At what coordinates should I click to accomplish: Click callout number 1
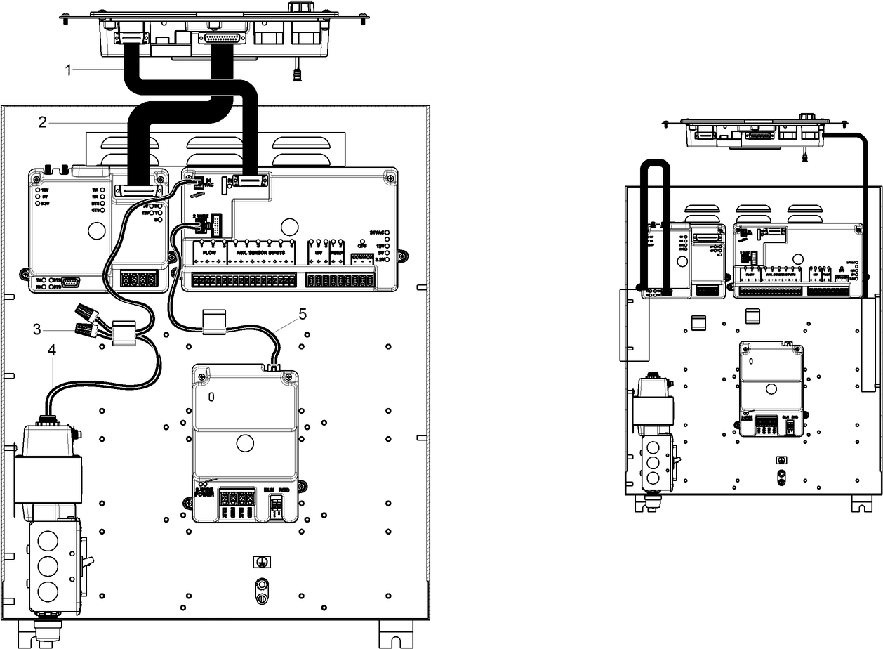[68, 70]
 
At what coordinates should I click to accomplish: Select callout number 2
[43, 122]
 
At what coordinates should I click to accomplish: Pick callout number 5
[302, 314]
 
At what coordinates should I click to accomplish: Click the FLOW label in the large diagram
[209, 251]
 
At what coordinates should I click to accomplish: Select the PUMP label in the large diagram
[337, 251]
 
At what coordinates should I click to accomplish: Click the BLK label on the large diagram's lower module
[269, 489]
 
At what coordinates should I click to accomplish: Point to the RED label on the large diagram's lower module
[284, 489]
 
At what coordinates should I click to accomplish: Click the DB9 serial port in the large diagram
[71, 282]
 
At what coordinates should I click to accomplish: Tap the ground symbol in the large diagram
[260, 562]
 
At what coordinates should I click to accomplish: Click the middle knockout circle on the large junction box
[48, 565]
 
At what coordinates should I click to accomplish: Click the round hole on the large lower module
[244, 443]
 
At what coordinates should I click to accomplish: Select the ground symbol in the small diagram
[781, 460]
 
